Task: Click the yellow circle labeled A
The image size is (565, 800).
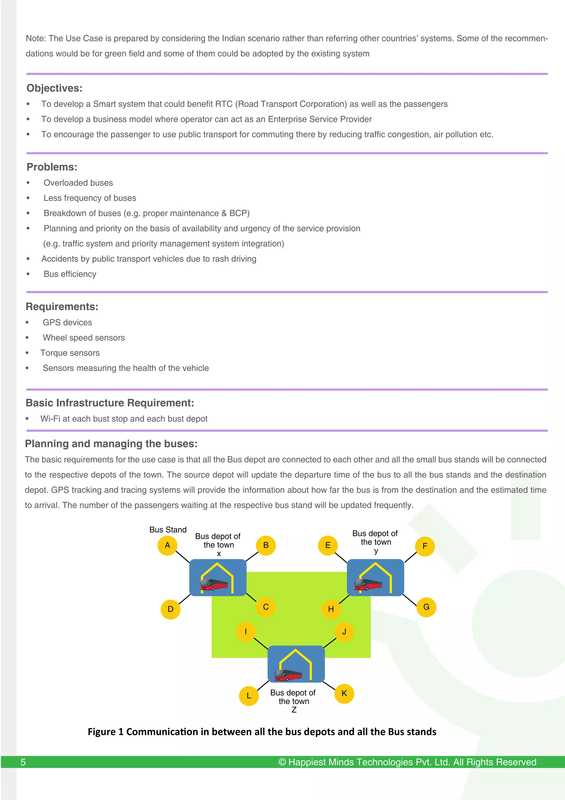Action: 167,545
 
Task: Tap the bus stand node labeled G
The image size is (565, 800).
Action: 426,607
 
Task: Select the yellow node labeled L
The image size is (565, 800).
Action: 249,696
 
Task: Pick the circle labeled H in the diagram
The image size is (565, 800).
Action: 331,609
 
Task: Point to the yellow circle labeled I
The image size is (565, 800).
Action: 246,632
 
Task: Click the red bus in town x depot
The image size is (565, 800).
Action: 214,584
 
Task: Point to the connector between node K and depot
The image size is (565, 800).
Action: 329,686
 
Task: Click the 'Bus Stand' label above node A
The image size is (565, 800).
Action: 168,530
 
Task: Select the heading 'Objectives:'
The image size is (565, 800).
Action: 55,88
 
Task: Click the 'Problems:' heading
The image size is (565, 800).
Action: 52,167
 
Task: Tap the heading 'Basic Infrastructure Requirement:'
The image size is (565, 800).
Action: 110,403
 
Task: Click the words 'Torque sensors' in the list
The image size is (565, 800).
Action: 70,353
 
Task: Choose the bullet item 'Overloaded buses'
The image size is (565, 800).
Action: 78,183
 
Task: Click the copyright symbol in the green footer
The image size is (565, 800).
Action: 282,762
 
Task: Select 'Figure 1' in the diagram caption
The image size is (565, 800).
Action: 105,732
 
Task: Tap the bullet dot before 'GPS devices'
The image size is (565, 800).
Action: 27,323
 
